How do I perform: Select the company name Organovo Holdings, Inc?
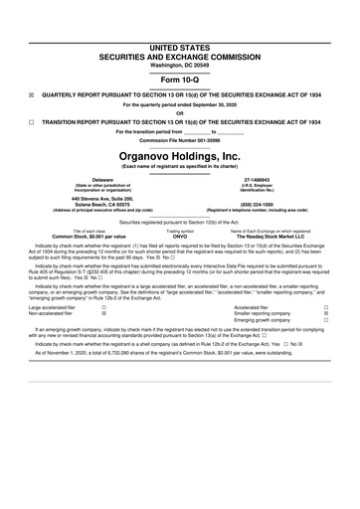[x=180, y=156]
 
